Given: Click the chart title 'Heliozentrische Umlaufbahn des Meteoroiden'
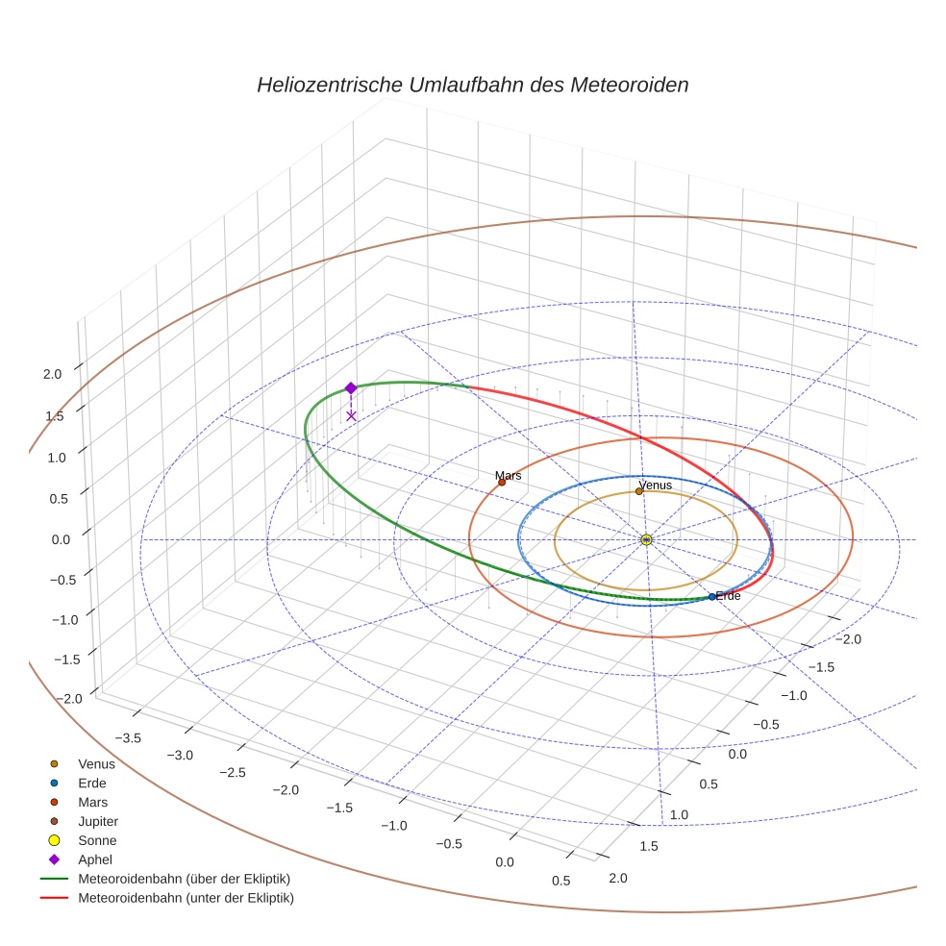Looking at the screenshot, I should tap(472, 85).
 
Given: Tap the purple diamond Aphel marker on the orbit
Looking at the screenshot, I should tap(351, 387).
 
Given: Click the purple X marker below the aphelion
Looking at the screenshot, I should tap(351, 415).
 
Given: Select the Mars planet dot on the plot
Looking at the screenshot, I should tap(502, 482).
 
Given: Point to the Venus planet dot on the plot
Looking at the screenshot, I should tap(638, 491).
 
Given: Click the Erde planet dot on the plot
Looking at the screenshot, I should tap(711, 597).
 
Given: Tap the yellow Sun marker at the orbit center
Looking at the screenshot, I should tap(646, 539).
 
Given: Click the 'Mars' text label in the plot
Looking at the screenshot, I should tap(509, 475).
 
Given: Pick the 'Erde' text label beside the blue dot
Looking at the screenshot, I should tap(729, 596).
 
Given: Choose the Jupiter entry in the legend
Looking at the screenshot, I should tap(97, 821).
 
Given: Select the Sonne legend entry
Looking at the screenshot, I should tap(97, 840).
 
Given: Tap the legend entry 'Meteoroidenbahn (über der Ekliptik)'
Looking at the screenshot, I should tap(184, 879).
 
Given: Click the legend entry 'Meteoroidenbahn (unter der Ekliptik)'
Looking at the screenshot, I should tap(186, 898).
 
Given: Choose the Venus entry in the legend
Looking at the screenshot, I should tap(96, 763).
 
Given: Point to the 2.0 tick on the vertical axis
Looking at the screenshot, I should tap(53, 374).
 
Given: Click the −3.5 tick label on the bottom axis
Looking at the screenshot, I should tap(128, 737).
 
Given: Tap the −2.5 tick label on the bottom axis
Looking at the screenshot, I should tap(233, 772).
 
